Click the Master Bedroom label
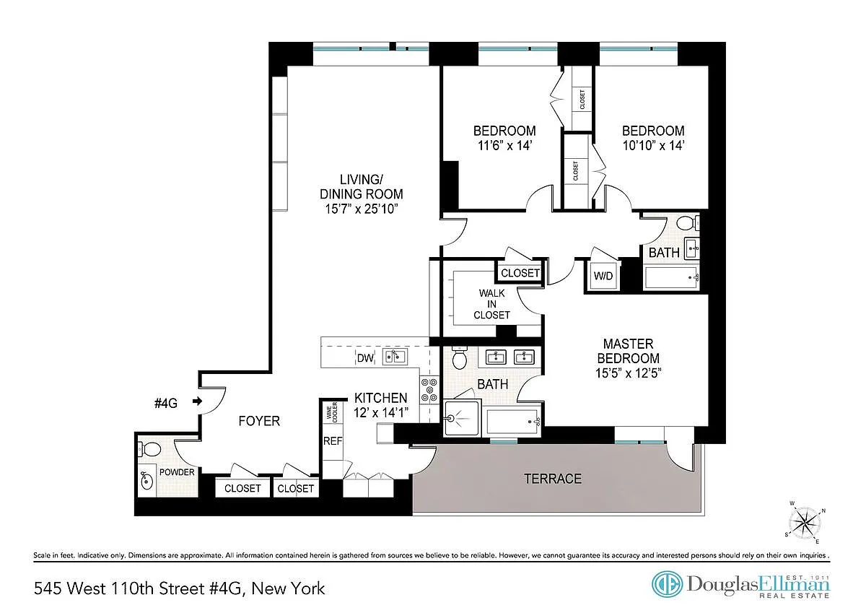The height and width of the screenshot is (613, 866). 629,358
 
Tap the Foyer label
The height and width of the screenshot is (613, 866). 259,421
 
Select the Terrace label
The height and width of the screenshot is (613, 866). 553,479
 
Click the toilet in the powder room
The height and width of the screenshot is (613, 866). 149,449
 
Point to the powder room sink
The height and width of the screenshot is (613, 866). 146,481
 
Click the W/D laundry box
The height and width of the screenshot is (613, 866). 603,276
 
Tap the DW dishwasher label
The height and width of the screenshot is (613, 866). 365,358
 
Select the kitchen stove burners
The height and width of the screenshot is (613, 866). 429,390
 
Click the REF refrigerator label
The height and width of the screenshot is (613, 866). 333,441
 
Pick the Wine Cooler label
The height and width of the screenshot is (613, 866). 332,412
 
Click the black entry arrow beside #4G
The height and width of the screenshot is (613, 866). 198,401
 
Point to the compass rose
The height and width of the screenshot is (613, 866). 805,523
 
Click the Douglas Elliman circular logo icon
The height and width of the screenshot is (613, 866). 667,584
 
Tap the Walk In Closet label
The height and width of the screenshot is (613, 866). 491,304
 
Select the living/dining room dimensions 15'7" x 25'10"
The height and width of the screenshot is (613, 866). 361,209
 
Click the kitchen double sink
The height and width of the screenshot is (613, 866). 395,357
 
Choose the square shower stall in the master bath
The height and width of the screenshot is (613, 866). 462,418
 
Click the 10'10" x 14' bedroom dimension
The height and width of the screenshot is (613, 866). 653,145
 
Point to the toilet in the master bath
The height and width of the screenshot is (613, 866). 460,357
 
